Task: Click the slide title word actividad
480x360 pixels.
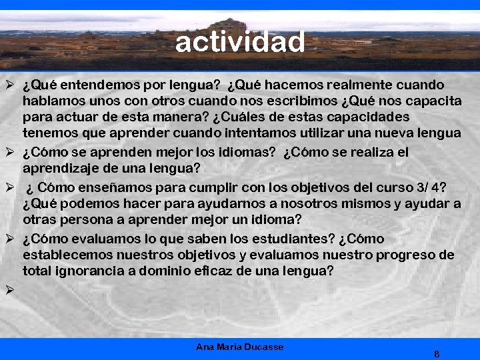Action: pyautogui.click(x=240, y=42)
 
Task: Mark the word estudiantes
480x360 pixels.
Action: pyautogui.click(x=296, y=239)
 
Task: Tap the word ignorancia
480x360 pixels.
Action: pyautogui.click(x=92, y=271)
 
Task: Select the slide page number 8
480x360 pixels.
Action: pyautogui.click(x=436, y=353)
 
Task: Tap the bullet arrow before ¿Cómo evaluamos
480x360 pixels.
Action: pyautogui.click(x=9, y=239)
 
